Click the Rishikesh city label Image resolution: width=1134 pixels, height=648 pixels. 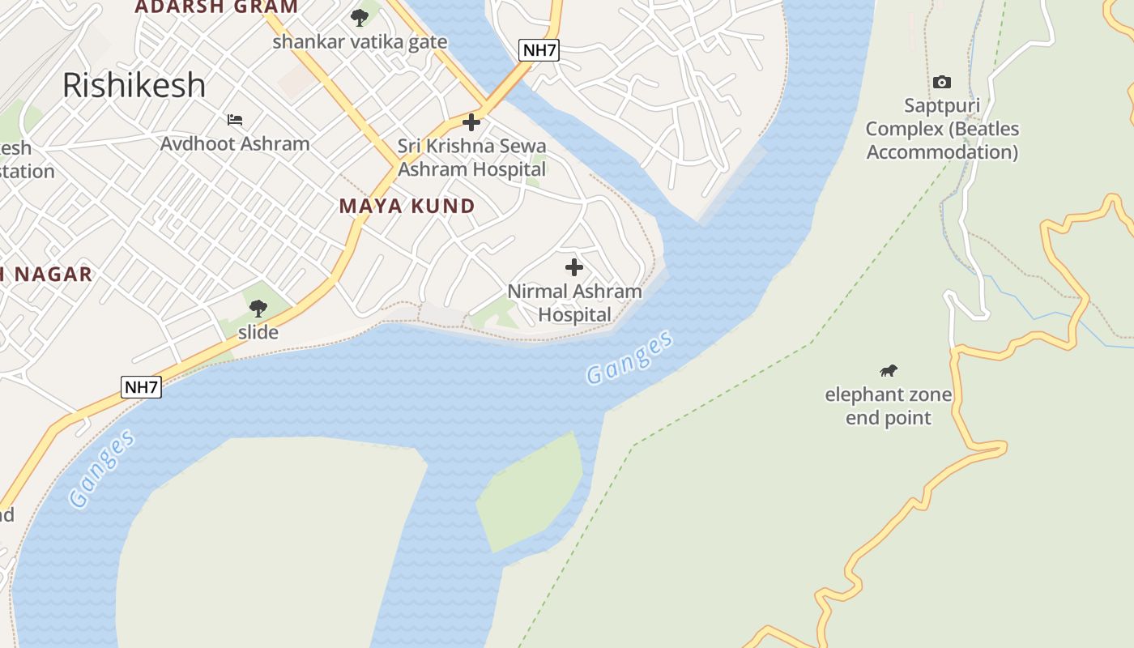pyautogui.click(x=134, y=85)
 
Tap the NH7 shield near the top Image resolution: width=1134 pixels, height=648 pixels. pyautogui.click(x=539, y=50)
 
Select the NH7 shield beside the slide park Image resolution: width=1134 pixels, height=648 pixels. pyautogui.click(x=142, y=387)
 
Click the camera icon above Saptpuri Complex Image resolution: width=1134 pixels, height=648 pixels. pyautogui.click(x=941, y=82)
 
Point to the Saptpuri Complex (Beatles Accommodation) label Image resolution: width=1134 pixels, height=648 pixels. pyautogui.click(x=942, y=129)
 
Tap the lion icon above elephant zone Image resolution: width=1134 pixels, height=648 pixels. pyautogui.click(x=889, y=371)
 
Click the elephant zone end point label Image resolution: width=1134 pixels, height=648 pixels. pyautogui.click(x=889, y=407)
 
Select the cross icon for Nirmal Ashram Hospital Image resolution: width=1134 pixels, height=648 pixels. pyautogui.click(x=573, y=267)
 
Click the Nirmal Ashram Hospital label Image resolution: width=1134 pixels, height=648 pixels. pyautogui.click(x=574, y=303)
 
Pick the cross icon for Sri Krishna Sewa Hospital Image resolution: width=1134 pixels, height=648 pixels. pyautogui.click(x=471, y=123)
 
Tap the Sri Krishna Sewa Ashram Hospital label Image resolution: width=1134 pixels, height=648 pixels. pyautogui.click(x=471, y=158)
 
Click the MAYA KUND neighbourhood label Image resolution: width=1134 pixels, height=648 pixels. pyautogui.click(x=407, y=206)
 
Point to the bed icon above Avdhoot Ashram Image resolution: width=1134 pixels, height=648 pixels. pyautogui.click(x=235, y=120)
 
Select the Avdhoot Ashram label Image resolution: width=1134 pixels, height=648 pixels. pyautogui.click(x=235, y=144)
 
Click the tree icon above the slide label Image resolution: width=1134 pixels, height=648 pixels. pyautogui.click(x=258, y=308)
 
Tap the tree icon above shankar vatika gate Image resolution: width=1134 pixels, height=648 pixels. pyautogui.click(x=359, y=17)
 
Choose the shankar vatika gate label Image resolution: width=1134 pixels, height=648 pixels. pyautogui.click(x=360, y=41)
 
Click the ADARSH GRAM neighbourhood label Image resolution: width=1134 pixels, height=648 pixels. pyautogui.click(x=216, y=7)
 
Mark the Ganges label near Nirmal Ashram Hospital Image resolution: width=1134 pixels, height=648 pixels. pyautogui.click(x=629, y=357)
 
